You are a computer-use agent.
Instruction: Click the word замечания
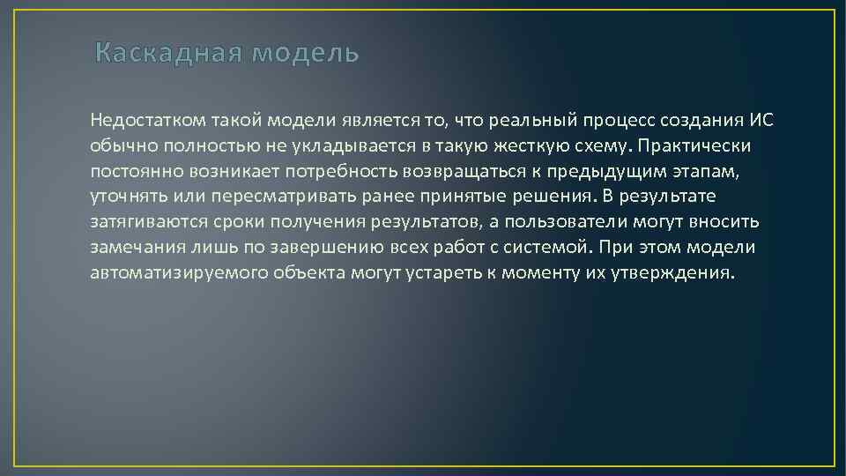click(130, 247)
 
